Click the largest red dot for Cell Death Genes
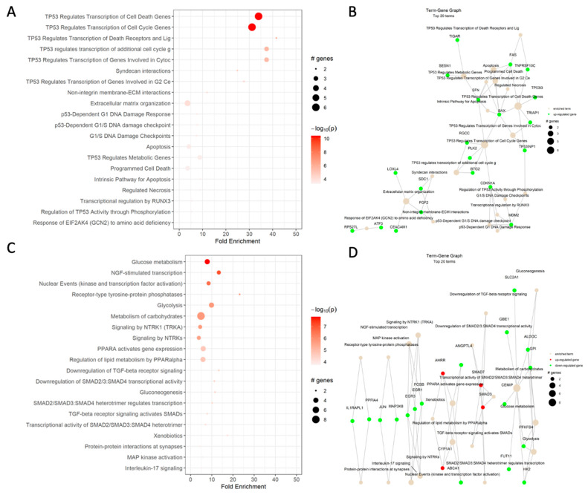click(x=258, y=16)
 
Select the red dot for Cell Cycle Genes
click(x=252, y=27)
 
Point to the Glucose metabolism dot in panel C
click(x=207, y=262)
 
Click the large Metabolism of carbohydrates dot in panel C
click(x=201, y=316)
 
